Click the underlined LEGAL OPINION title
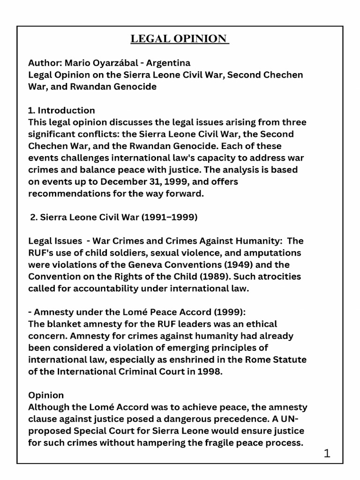(180, 38)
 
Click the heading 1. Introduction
(61, 111)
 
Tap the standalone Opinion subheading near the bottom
(46, 395)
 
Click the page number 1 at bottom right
(327, 453)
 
